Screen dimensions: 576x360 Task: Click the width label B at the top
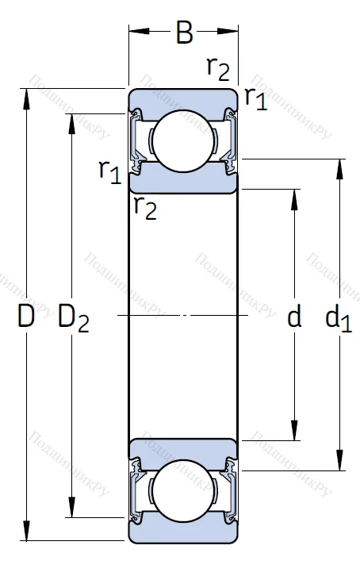click(x=184, y=33)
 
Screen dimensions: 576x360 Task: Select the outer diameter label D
click(x=26, y=317)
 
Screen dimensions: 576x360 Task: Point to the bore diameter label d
click(x=294, y=318)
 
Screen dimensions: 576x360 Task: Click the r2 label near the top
click(x=217, y=68)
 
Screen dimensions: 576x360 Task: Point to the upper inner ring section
click(x=183, y=181)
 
